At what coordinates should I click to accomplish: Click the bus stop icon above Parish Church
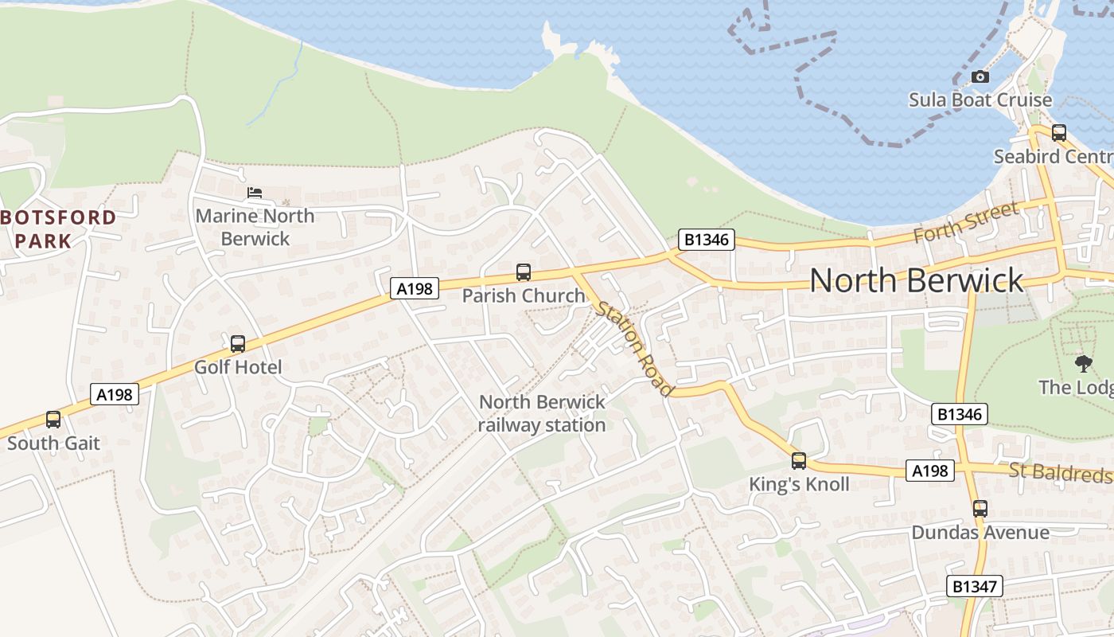pyautogui.click(x=524, y=272)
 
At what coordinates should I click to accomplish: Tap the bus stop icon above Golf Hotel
pyautogui.click(x=238, y=344)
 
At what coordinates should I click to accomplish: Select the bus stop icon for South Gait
pyautogui.click(x=53, y=420)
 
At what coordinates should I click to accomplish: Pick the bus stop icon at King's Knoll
pyautogui.click(x=799, y=460)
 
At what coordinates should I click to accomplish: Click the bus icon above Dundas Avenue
pyautogui.click(x=980, y=508)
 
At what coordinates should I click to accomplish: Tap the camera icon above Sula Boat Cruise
pyautogui.click(x=980, y=76)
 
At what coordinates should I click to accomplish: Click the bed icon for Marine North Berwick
pyautogui.click(x=255, y=193)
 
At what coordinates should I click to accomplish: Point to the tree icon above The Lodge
pyautogui.click(x=1083, y=364)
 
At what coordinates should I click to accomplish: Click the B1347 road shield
pyautogui.click(x=975, y=587)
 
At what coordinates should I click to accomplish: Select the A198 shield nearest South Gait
pyautogui.click(x=115, y=393)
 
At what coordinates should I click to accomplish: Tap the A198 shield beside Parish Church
pyautogui.click(x=415, y=288)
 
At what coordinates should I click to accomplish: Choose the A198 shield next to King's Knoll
pyautogui.click(x=929, y=471)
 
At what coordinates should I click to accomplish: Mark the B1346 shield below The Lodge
pyautogui.click(x=960, y=414)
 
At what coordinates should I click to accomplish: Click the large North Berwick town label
pyautogui.click(x=916, y=280)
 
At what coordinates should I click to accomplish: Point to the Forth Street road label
pyautogui.click(x=966, y=223)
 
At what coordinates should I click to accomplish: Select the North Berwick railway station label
pyautogui.click(x=542, y=413)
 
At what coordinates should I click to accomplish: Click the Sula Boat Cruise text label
pyautogui.click(x=980, y=100)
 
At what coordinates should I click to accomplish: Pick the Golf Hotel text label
pyautogui.click(x=238, y=367)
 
